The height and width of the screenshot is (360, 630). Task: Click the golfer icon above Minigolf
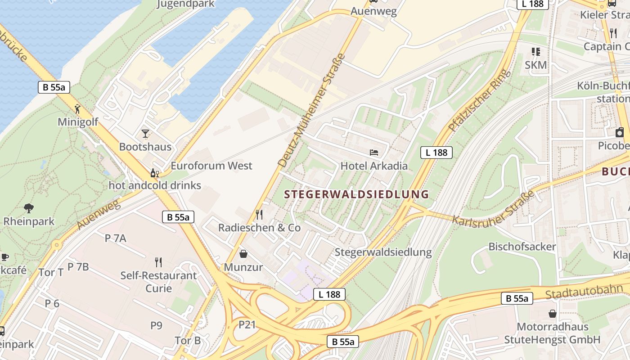(78, 108)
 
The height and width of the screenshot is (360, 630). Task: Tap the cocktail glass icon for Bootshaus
(145, 133)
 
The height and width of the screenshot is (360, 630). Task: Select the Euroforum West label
(211, 166)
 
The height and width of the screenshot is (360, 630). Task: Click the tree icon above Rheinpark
(29, 208)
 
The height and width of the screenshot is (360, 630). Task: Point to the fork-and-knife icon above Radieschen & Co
(259, 214)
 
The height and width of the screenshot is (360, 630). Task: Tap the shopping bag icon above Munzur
(243, 254)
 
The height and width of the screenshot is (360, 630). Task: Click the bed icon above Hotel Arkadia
(374, 153)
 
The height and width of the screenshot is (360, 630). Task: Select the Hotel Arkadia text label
(374, 166)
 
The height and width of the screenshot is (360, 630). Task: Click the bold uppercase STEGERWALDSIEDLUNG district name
(357, 194)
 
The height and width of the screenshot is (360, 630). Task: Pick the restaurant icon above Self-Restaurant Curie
(158, 262)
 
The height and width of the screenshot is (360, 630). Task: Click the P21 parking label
(247, 324)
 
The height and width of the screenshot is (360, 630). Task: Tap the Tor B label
(188, 340)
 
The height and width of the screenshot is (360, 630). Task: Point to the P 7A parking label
(116, 238)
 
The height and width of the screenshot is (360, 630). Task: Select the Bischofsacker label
(522, 247)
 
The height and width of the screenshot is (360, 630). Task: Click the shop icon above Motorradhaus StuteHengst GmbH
(552, 313)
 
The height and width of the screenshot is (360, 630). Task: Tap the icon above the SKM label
(535, 52)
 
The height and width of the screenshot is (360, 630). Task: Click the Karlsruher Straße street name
(494, 209)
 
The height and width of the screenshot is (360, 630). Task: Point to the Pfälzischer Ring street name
(481, 100)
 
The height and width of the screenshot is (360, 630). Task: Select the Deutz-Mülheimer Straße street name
(312, 110)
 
